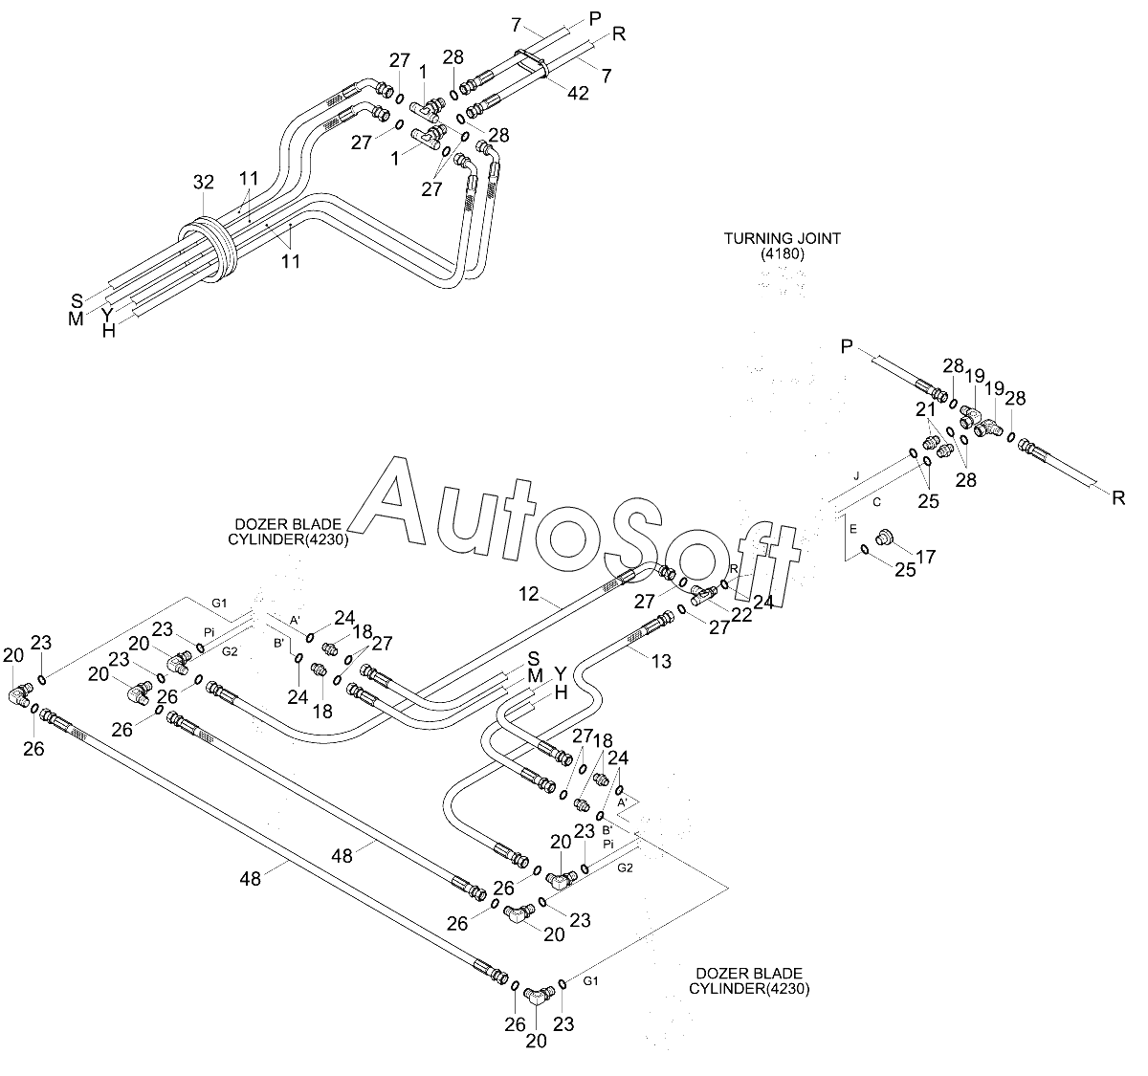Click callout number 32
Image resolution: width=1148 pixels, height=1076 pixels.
(x=204, y=183)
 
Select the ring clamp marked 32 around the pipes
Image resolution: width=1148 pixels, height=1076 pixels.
(x=207, y=251)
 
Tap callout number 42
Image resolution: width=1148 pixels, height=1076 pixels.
(x=578, y=93)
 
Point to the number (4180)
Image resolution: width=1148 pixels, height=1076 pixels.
(x=783, y=253)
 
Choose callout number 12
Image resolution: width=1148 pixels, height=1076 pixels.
(x=528, y=594)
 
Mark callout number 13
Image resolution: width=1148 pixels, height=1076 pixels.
(x=661, y=661)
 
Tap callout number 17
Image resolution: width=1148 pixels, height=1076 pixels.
(x=925, y=557)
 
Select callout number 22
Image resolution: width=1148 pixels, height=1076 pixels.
(x=741, y=615)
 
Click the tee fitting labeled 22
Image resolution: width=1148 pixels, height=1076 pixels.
(x=703, y=594)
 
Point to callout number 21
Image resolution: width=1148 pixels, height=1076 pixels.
(x=925, y=409)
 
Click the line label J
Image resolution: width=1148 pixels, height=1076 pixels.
(x=856, y=476)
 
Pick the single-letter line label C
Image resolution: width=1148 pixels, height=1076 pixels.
(x=877, y=502)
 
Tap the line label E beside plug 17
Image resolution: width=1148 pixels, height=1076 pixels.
(x=853, y=529)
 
